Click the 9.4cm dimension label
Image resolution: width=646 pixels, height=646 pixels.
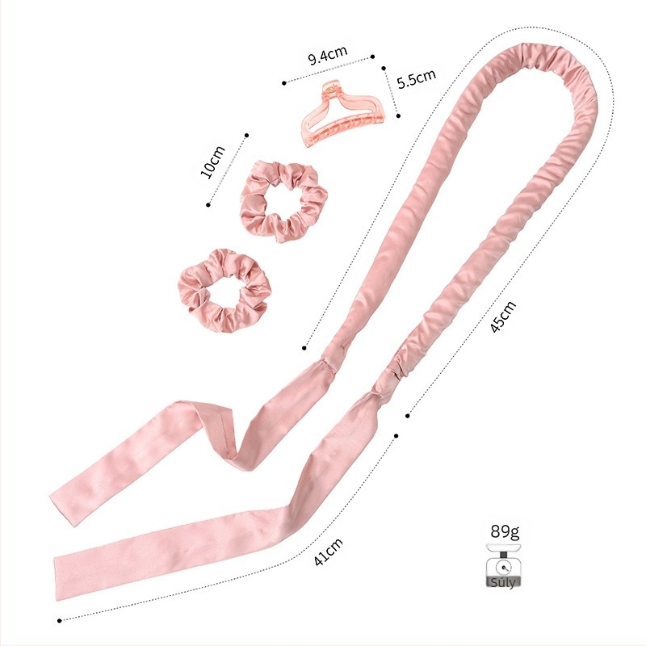pos(328,56)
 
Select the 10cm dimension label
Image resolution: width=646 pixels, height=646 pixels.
pos(212,162)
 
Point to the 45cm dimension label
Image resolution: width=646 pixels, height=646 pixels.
pos(503,317)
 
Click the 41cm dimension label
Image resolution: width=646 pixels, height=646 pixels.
pos(329,552)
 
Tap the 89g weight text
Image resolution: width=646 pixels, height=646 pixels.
pos(505,531)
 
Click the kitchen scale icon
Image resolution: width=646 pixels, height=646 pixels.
pos(503,564)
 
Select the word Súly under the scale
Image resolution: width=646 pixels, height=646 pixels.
pos(503,582)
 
